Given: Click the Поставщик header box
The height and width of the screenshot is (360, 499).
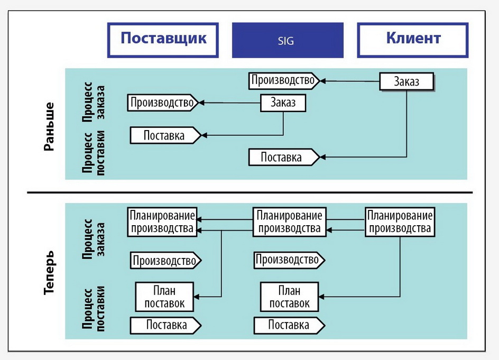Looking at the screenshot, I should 163,40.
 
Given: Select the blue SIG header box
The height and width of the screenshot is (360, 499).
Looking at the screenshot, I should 288,40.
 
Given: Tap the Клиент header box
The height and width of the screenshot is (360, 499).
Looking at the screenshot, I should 413,40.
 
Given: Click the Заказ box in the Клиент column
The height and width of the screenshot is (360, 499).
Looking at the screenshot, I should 406,81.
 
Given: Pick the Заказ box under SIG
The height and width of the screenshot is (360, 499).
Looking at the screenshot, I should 283,102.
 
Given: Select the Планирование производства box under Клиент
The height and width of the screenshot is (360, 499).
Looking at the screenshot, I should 400,222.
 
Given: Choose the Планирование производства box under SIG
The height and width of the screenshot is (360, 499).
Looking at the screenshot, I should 289,222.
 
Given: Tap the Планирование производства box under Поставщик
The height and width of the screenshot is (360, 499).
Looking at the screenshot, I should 162,222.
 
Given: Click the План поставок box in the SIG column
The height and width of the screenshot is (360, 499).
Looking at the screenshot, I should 289,297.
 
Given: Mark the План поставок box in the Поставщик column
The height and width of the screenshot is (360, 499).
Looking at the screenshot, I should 164,297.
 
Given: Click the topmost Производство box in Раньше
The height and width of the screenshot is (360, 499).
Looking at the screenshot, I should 284,80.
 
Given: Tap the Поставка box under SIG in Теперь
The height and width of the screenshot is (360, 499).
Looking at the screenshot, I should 289,325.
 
